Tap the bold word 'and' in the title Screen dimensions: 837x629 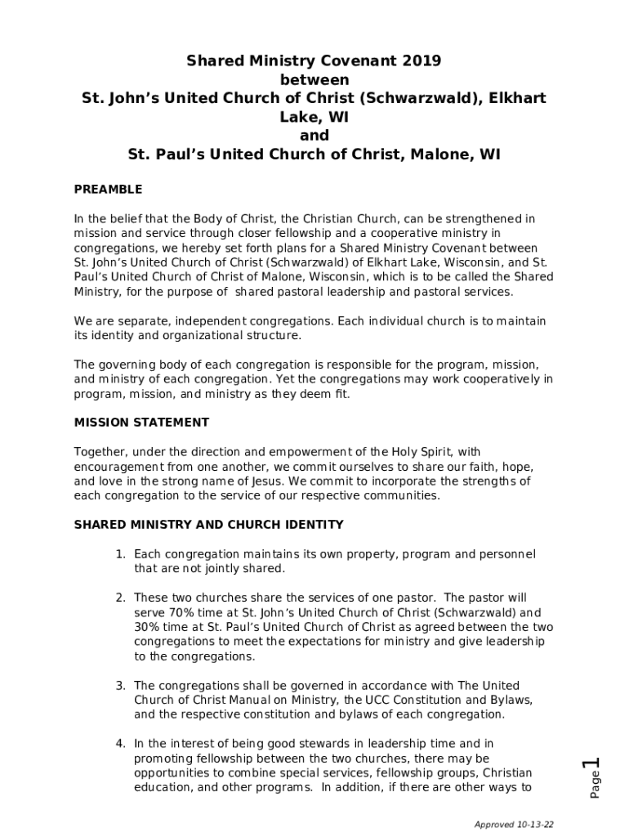314,136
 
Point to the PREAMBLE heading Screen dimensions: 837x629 108,190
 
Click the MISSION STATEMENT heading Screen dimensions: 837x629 141,423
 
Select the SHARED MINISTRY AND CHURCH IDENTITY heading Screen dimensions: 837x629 208,525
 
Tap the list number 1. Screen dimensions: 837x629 119,554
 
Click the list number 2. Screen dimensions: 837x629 119,598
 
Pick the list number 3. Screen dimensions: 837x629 119,686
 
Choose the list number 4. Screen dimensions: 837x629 119,744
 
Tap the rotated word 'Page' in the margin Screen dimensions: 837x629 596,786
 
